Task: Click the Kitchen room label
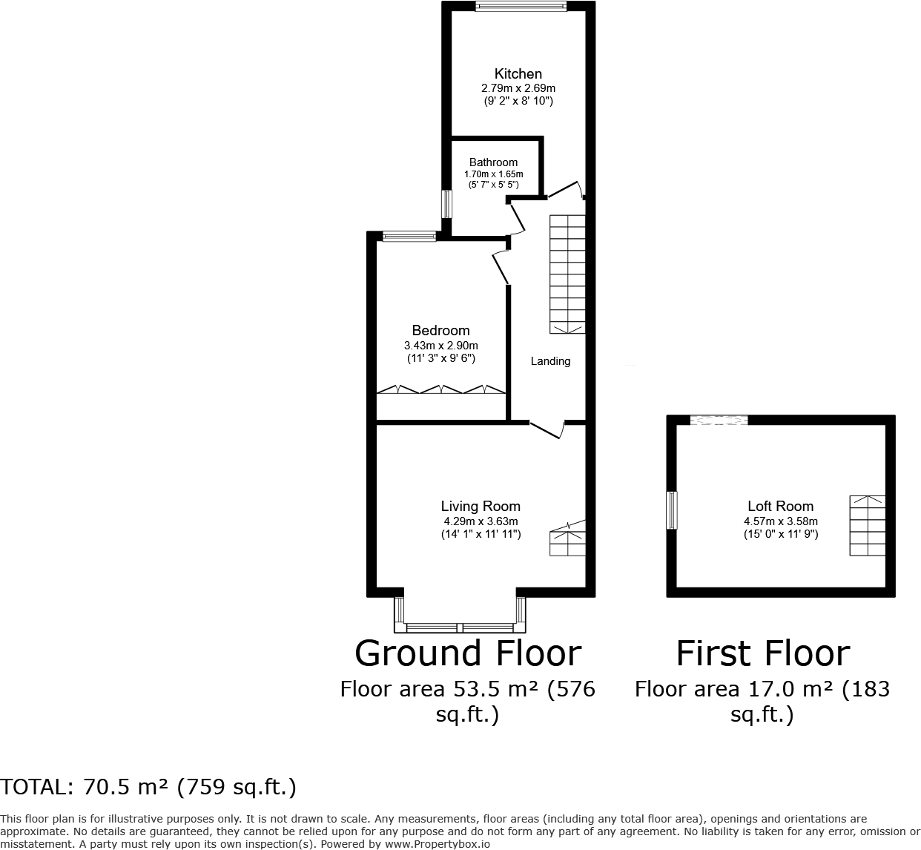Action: coord(518,73)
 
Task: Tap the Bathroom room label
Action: coord(493,162)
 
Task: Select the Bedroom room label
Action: coord(440,331)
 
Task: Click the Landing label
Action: coord(550,361)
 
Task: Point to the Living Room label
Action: coord(481,507)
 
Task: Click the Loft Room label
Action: coord(780,507)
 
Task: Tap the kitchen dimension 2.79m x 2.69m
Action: coord(518,88)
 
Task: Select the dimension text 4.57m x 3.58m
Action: coord(781,521)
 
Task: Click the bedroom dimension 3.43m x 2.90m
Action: coord(440,346)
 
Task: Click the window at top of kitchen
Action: coord(521,7)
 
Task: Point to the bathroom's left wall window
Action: coord(446,204)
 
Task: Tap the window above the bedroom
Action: coord(409,237)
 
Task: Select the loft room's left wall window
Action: coord(672,510)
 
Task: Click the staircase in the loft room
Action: coord(867,526)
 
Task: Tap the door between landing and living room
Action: coord(547,429)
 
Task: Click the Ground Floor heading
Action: coord(468,653)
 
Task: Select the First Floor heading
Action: coord(762,653)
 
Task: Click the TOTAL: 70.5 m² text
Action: coord(148,787)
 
